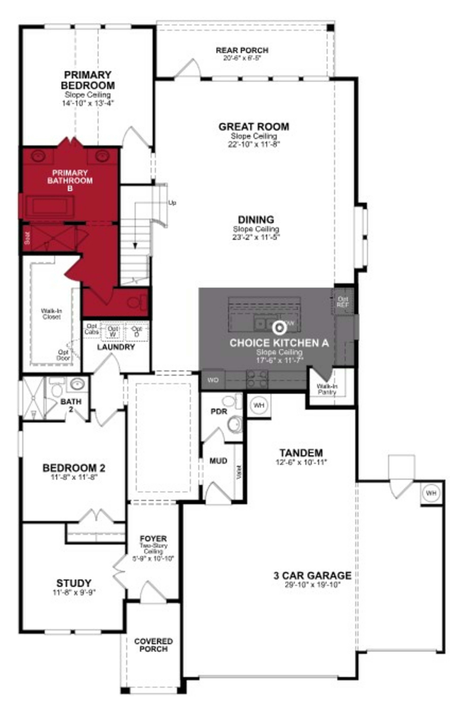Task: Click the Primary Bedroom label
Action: coord(88,80)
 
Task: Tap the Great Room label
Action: coord(254,127)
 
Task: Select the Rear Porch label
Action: coord(242,50)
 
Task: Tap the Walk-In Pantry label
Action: coord(327,389)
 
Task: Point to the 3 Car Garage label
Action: coord(312,575)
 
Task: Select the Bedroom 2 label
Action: coord(74,468)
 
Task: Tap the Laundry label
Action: coord(116,347)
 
